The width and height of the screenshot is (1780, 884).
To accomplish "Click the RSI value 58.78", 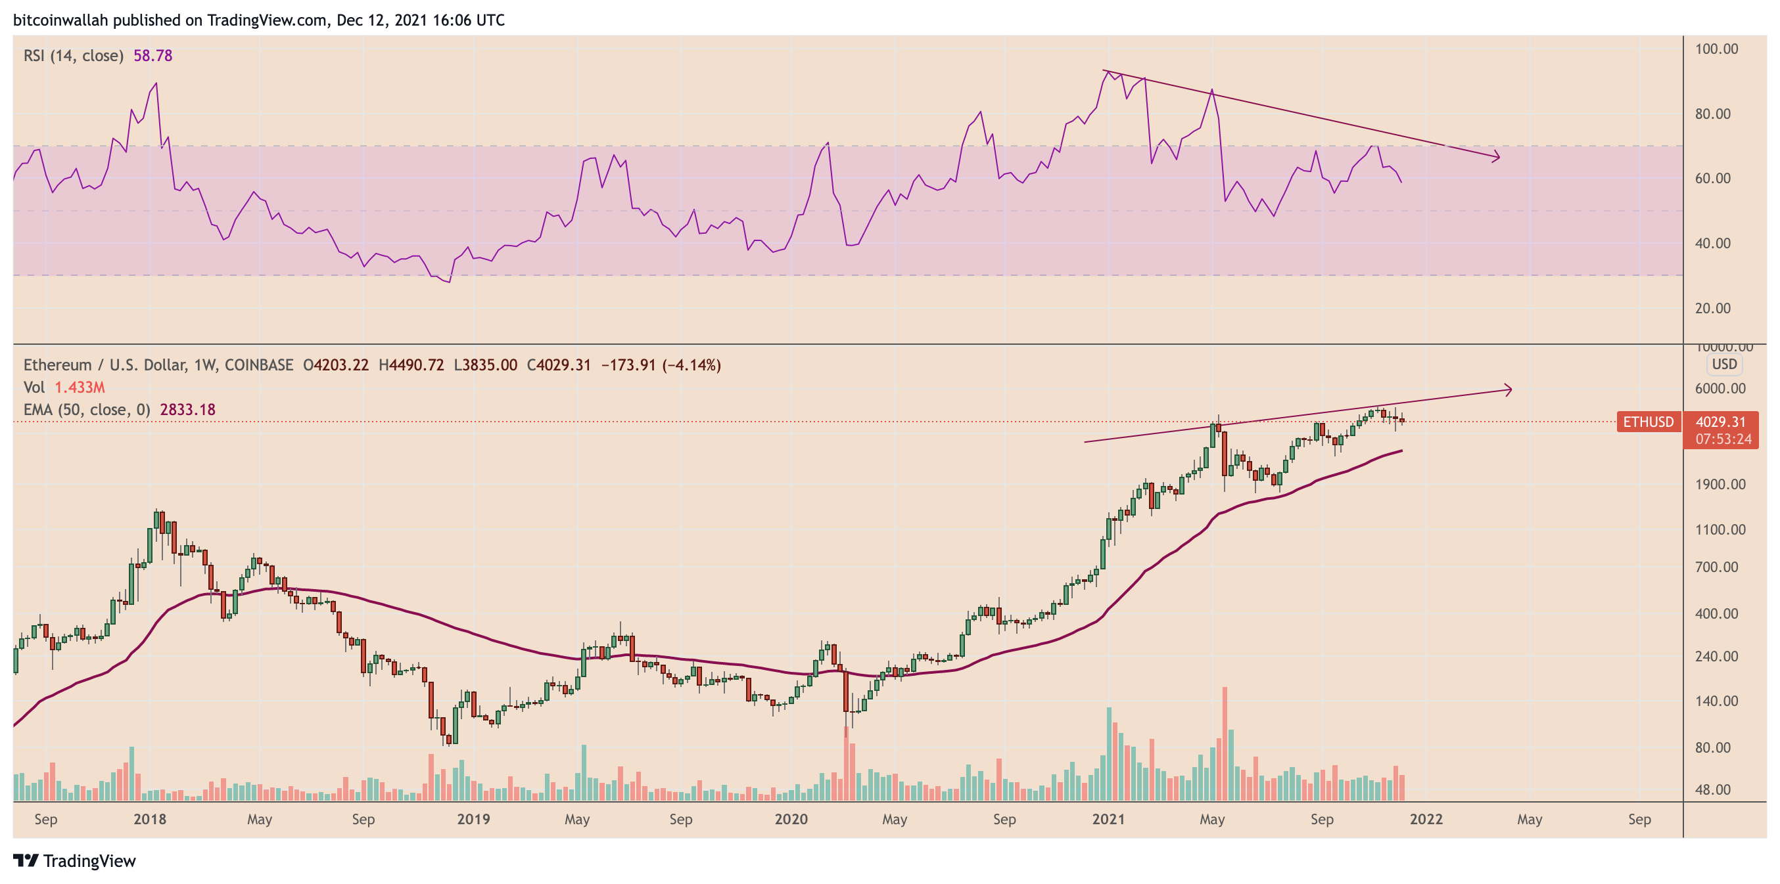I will [152, 55].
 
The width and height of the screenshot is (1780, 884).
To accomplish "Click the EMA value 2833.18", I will [187, 410].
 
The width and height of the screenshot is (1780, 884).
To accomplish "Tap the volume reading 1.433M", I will [80, 387].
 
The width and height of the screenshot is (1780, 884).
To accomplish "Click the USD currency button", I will [1723, 365].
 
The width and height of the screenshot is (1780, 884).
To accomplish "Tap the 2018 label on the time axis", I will [149, 819].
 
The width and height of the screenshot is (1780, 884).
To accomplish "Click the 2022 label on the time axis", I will [1426, 819].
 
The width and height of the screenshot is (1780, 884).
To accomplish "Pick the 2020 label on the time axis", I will [791, 819].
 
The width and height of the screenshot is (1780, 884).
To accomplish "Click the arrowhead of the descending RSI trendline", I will [1496, 158].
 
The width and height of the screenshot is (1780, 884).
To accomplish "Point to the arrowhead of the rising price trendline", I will [1509, 390].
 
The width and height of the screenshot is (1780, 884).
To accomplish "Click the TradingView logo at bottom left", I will [75, 860].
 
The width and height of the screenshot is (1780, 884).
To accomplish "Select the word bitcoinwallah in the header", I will [60, 20].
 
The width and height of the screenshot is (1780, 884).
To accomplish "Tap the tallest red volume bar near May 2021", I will [1225, 743].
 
